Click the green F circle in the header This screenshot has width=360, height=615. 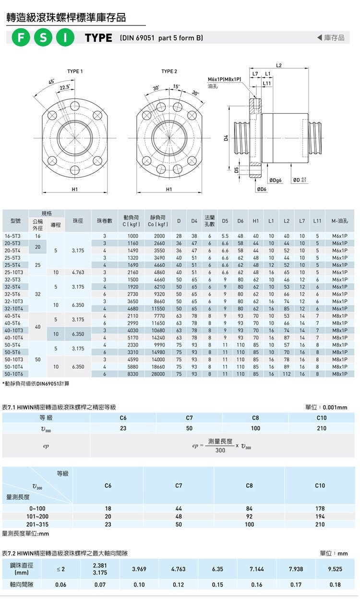click(x=21, y=38)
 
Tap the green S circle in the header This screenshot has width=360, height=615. click(x=43, y=38)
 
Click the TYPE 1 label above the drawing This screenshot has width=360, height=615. click(x=75, y=72)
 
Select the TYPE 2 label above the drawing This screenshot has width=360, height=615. click(x=169, y=72)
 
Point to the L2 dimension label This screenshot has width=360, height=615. click(x=279, y=65)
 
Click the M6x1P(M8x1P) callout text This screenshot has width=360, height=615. click(x=224, y=79)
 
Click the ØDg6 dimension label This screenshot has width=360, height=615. click(x=276, y=181)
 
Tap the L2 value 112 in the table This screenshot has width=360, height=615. click(x=287, y=373)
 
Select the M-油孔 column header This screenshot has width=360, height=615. click(x=339, y=221)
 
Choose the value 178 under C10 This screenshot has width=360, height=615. click(x=320, y=508)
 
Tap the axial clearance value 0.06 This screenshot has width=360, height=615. click(x=61, y=584)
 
